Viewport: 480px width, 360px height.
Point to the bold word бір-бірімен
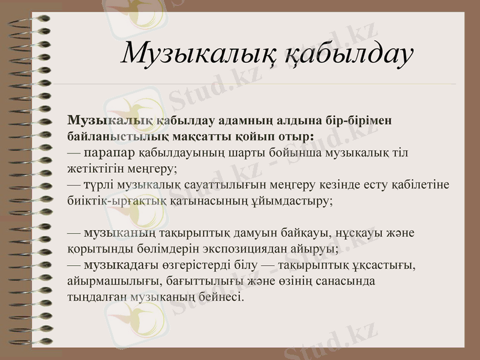point(360,119)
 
